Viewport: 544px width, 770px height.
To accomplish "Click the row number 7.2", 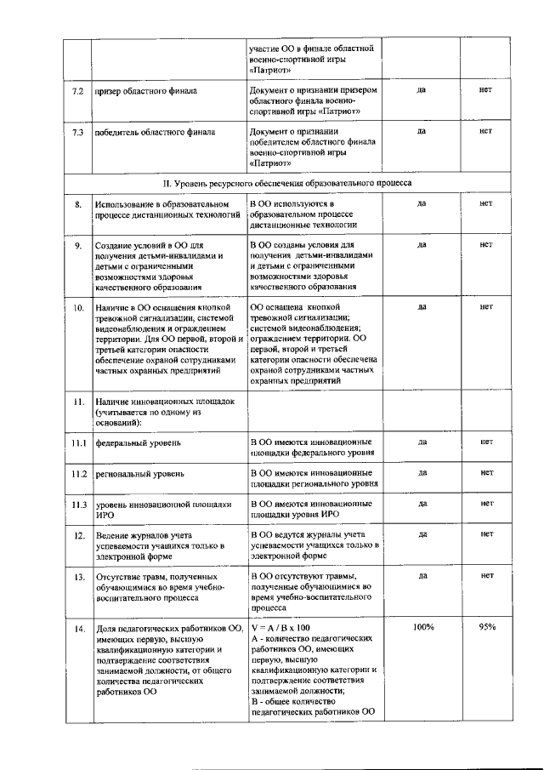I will click(x=77, y=89).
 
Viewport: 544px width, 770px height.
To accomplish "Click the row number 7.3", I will click(x=77, y=132).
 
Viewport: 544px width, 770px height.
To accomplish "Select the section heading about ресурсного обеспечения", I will click(x=287, y=182).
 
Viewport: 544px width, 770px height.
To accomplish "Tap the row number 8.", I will click(x=77, y=204).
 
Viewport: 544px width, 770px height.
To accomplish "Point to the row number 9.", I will click(x=77, y=245).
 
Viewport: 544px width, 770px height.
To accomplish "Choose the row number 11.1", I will click(x=78, y=442).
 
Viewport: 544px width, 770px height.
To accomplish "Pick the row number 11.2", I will click(x=78, y=472).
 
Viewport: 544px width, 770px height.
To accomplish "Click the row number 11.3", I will click(x=78, y=504).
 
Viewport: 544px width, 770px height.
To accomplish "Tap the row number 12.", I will click(x=77, y=535).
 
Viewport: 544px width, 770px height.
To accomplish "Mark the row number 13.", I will click(x=77, y=576).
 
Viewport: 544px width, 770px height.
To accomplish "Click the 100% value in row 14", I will click(x=422, y=627).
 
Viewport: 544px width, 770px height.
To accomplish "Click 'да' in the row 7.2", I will click(x=422, y=88).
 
